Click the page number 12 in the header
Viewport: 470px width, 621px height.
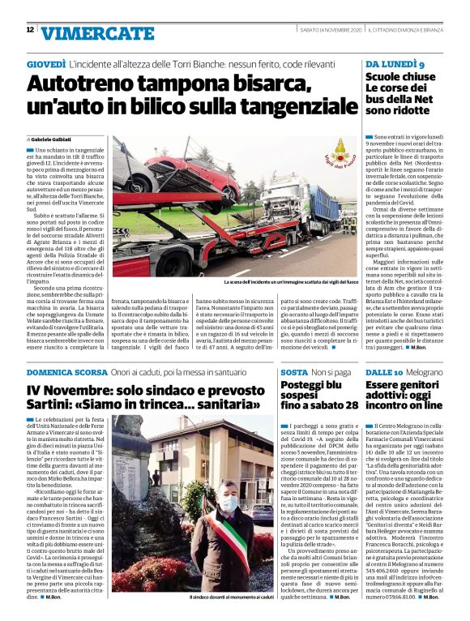[30, 30]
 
